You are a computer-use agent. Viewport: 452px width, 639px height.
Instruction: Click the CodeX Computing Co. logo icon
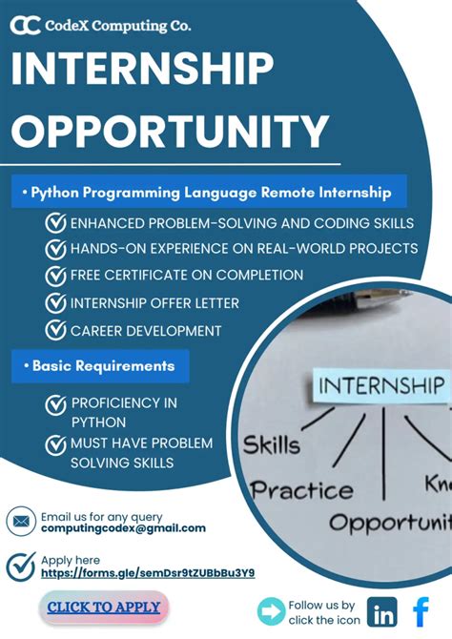tap(26, 26)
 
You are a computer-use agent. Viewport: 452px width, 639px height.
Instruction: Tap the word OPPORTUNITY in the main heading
tap(170, 131)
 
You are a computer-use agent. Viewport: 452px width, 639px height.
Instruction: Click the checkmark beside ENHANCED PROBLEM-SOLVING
tap(56, 223)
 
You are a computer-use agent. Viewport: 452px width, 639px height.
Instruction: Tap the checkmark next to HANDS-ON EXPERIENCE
tap(56, 249)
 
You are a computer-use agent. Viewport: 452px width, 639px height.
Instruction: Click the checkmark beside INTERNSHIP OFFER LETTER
tap(56, 303)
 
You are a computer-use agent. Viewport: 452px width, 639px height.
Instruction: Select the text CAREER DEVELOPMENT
tap(146, 331)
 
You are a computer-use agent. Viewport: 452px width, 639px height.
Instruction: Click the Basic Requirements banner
tap(100, 365)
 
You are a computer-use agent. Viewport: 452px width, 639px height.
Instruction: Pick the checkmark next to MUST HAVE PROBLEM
tap(56, 445)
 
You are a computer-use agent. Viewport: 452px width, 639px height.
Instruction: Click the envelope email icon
tap(20, 522)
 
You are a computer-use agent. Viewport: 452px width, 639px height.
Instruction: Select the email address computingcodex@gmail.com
tap(123, 527)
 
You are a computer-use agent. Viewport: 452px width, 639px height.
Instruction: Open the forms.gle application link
tap(147, 573)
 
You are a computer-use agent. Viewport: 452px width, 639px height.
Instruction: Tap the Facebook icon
tap(421, 610)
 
